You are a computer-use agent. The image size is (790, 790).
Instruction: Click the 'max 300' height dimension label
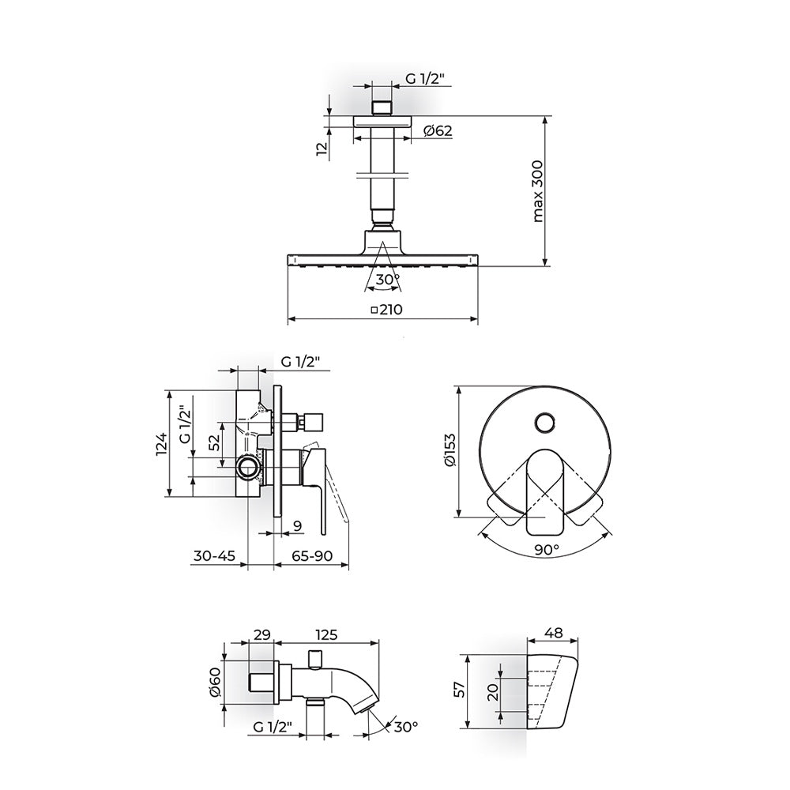pyautogui.click(x=537, y=191)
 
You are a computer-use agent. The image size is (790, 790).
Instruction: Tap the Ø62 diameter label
pyautogui.click(x=438, y=130)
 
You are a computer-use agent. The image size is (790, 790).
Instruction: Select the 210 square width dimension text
pyautogui.click(x=386, y=310)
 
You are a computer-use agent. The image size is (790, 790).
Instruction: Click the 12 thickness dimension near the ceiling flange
pyautogui.click(x=322, y=149)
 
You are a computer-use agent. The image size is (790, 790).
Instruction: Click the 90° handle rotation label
pyautogui.click(x=546, y=549)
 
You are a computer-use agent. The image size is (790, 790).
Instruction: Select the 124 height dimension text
pyautogui.click(x=160, y=443)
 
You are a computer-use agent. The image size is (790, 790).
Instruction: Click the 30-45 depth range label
pyautogui.click(x=215, y=555)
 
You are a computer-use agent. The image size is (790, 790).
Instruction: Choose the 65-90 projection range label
pyautogui.click(x=312, y=555)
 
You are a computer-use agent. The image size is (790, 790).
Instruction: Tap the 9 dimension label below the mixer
pyautogui.click(x=298, y=526)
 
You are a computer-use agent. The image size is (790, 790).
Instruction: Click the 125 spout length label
pyautogui.click(x=326, y=634)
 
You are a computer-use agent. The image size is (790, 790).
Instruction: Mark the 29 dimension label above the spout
pyautogui.click(x=262, y=634)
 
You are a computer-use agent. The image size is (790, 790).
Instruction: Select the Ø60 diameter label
pyautogui.click(x=214, y=682)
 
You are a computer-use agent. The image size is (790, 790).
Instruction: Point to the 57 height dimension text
pyautogui.click(x=460, y=690)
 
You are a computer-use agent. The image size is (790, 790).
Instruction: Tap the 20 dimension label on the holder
pyautogui.click(x=493, y=690)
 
